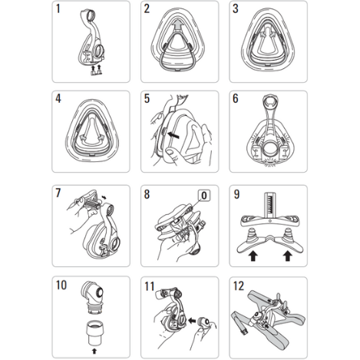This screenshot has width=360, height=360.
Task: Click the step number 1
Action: [x=58, y=8]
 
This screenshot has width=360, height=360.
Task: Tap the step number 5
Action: [x=147, y=98]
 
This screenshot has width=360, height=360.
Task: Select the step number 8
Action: [x=147, y=194]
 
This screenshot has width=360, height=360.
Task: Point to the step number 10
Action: [x=61, y=285]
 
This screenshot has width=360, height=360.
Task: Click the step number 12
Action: [x=239, y=286]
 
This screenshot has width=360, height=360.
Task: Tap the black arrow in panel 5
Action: [x=173, y=135]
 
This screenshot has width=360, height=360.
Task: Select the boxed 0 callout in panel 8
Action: [x=204, y=196]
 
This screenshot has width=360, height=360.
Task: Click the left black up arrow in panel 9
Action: [x=253, y=256]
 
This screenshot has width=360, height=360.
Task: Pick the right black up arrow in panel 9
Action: [x=288, y=256]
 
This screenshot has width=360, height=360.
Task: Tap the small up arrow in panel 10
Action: [x=94, y=351]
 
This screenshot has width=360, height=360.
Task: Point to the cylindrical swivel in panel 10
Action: [x=94, y=332]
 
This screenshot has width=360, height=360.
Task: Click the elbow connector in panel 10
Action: [x=92, y=298]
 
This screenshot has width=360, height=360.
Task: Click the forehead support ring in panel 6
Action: [x=269, y=101]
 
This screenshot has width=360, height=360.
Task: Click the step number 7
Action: [x=58, y=193]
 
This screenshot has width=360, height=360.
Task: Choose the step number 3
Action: [x=236, y=8]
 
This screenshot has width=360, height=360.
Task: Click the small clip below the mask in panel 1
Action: [x=96, y=73]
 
